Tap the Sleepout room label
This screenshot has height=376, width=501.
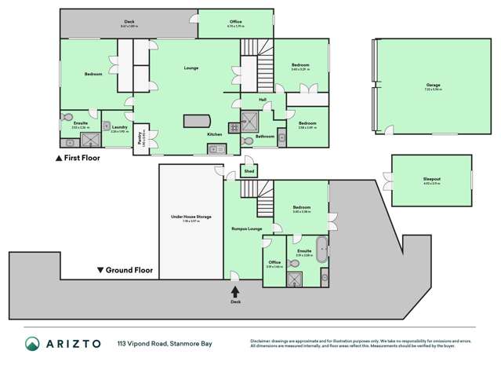pos(431,179)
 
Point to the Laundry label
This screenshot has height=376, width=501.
pos(119,127)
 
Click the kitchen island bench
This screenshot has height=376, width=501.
pos(197,121)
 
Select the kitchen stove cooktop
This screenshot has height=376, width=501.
pos(234,127)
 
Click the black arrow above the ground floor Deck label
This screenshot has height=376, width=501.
pos(234,291)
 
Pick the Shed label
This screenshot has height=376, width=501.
pos(249,170)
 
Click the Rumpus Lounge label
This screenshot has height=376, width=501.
pos(246,228)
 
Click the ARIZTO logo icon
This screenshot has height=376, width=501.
pos(32,344)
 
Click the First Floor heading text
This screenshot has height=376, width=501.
pos(82,157)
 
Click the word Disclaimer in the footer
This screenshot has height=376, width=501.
pos(263,341)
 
